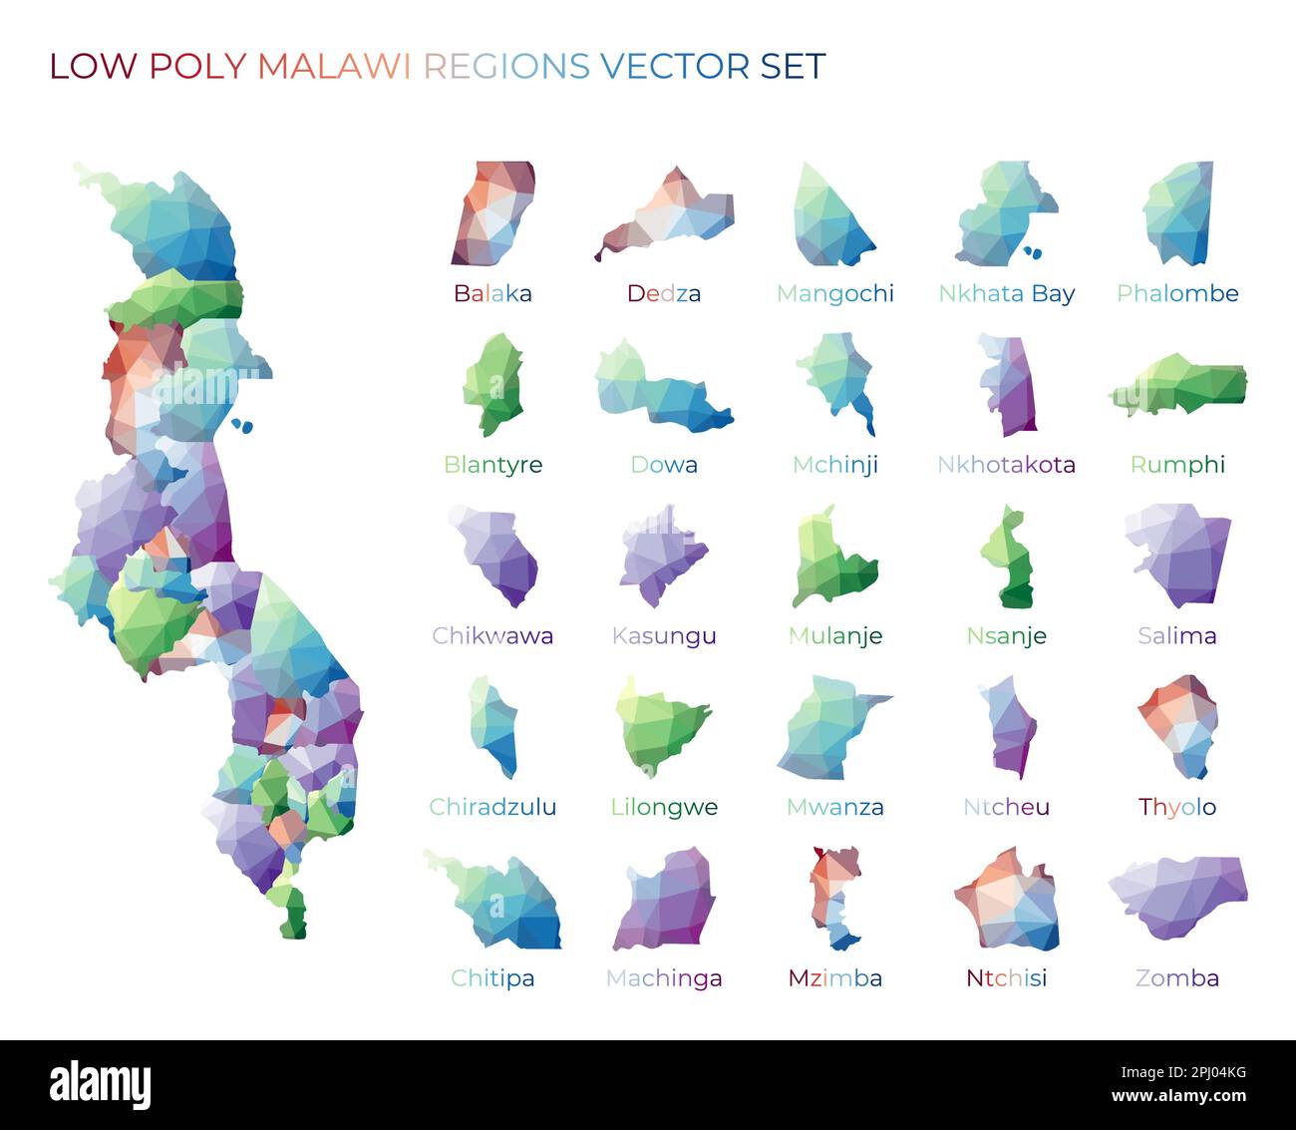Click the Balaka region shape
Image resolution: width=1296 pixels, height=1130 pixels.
point(494,213)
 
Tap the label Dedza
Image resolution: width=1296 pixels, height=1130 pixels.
point(664,293)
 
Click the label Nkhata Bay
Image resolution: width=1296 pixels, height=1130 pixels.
point(1006,293)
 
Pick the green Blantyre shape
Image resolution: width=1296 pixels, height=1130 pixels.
point(492,384)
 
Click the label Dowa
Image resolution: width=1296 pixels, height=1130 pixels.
point(664,465)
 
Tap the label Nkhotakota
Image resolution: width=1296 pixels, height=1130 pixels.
point(1006,465)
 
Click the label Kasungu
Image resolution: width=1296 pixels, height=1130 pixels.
point(664,636)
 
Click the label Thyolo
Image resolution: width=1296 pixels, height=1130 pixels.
point(1177,807)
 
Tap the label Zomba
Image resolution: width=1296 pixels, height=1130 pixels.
point(1177,978)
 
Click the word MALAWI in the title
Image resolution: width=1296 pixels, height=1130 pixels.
point(334,66)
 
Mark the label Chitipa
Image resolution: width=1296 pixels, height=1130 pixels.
point(492,978)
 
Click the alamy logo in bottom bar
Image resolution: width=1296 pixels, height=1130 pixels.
point(101,1085)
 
